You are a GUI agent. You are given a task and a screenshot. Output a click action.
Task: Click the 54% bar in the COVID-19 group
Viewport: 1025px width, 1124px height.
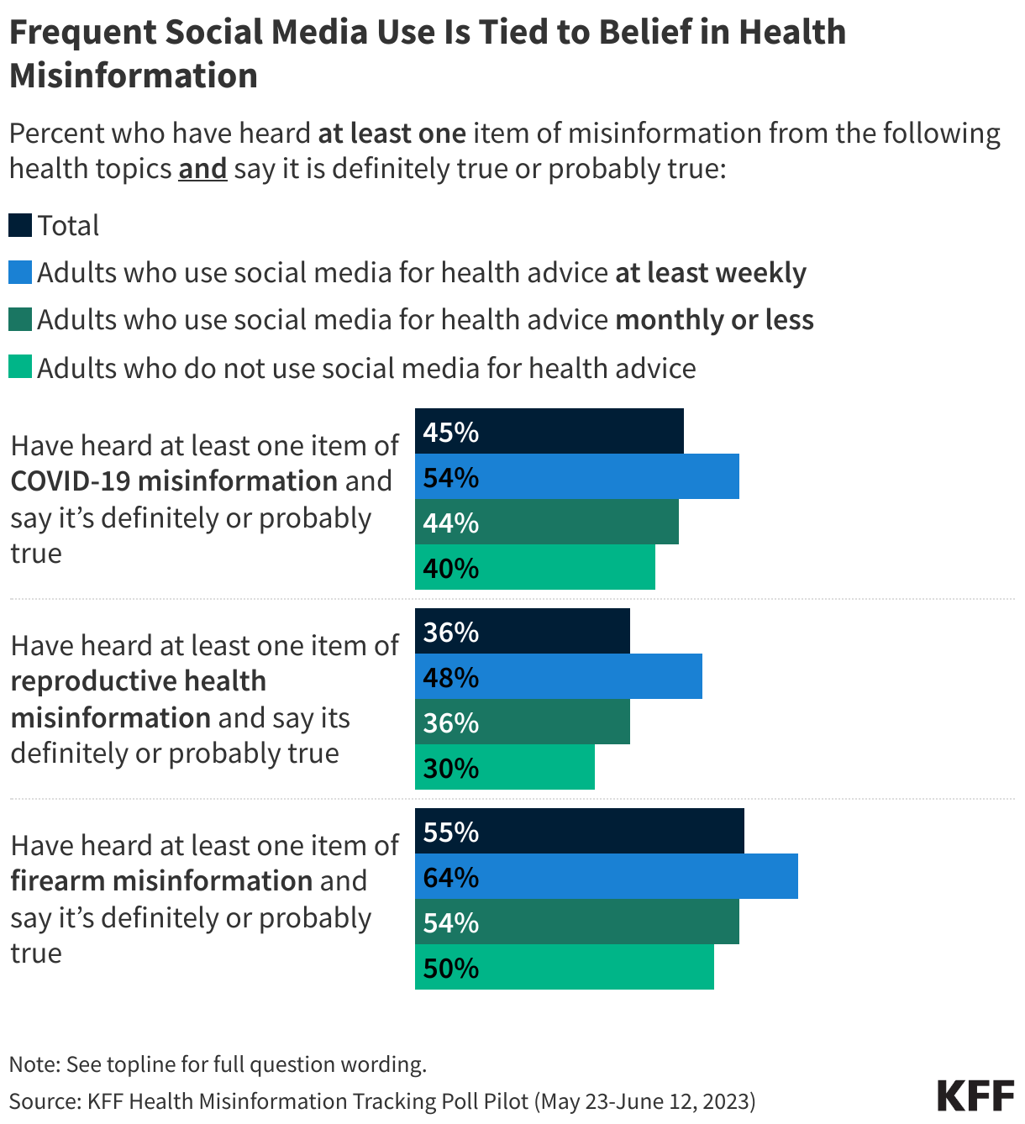[x=577, y=476]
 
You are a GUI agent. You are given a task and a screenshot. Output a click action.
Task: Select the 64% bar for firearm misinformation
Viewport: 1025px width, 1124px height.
[x=606, y=876]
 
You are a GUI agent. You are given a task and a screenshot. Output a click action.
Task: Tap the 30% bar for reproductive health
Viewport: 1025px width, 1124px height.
[x=505, y=767]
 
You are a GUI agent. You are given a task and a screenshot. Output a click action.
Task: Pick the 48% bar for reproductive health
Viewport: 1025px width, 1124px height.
[x=559, y=676]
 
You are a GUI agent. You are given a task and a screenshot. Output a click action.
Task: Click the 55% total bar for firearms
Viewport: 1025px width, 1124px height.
[x=580, y=831]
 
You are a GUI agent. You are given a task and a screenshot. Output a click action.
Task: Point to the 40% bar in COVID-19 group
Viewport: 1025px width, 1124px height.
[x=535, y=567]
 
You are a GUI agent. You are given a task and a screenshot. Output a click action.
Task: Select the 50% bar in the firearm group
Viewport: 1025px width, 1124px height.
[x=565, y=967]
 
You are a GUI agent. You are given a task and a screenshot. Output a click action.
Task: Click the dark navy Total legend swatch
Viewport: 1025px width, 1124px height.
[x=20, y=225]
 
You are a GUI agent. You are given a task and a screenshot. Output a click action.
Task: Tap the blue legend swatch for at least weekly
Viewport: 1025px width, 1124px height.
[x=20, y=272]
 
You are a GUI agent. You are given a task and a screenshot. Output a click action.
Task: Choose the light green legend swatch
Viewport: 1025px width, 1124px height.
[x=20, y=367]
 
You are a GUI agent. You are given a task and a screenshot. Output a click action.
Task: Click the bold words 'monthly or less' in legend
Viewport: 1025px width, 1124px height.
[x=714, y=320]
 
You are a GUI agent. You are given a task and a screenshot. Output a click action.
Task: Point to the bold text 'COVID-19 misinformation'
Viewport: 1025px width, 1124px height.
[x=174, y=481]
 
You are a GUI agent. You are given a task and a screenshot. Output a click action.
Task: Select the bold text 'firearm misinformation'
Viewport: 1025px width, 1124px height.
[x=161, y=881]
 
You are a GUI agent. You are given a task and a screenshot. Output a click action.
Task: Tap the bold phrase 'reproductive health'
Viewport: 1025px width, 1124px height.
[x=139, y=681]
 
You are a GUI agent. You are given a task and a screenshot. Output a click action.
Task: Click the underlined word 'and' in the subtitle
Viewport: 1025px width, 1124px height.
[x=202, y=169]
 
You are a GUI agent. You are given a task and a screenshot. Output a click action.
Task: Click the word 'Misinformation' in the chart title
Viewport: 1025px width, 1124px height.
[x=134, y=76]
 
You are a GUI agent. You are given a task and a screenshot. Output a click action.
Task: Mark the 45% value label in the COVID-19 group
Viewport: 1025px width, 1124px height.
[x=451, y=432]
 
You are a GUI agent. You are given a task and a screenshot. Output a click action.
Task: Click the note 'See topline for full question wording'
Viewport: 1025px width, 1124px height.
[x=246, y=1064]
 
